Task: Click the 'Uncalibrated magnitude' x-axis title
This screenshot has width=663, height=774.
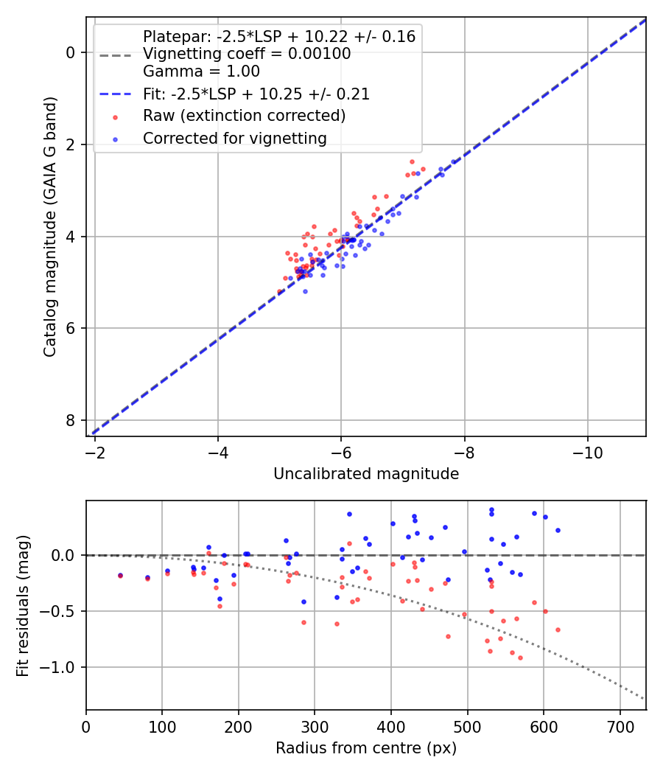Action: point(366,474)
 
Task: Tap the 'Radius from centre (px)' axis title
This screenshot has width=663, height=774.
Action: point(366,748)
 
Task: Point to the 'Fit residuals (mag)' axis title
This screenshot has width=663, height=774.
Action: point(24,605)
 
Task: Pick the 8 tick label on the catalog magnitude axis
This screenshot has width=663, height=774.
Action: point(71,420)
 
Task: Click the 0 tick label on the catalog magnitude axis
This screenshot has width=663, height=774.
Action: point(71,52)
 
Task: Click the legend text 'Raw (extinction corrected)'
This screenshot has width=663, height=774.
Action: point(244,116)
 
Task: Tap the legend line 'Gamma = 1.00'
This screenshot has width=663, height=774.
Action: point(201,72)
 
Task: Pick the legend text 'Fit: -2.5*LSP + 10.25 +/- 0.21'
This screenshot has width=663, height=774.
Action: point(256,94)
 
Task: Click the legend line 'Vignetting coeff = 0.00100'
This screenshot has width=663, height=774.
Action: point(247,54)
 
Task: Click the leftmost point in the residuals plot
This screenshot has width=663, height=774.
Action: point(120,575)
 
